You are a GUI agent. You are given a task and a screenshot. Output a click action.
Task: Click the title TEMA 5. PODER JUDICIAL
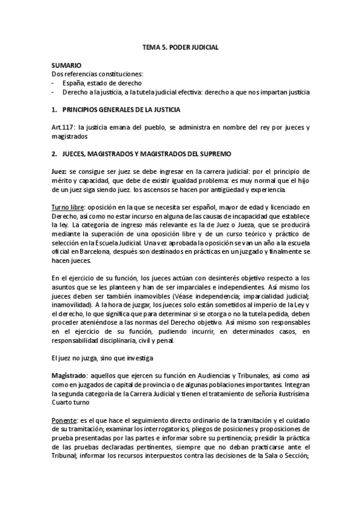180,46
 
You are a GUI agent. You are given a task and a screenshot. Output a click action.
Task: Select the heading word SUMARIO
66,64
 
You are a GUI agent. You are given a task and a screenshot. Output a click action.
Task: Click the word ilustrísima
290,393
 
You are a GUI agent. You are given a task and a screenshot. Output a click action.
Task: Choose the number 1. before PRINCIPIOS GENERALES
54,110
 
